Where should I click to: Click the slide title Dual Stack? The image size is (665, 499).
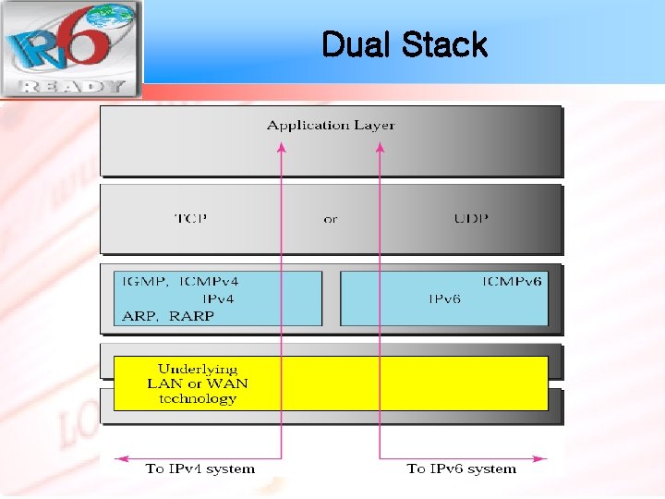404,44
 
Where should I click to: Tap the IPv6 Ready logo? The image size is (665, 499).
70,49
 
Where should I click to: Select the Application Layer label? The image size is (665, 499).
332,125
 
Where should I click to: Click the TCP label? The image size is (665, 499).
191,219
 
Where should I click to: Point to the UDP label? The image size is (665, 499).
471,219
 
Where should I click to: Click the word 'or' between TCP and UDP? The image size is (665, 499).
331,220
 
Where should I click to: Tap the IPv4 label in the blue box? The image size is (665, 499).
218,298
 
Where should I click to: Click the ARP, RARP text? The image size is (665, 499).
168,316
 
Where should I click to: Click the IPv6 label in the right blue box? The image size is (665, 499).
444,299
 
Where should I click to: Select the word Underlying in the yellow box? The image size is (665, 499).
197,369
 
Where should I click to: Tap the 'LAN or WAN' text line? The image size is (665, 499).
198,383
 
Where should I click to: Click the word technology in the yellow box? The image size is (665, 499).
198,399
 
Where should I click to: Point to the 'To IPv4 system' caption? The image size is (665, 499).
199,469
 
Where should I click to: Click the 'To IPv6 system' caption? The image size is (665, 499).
462,469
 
